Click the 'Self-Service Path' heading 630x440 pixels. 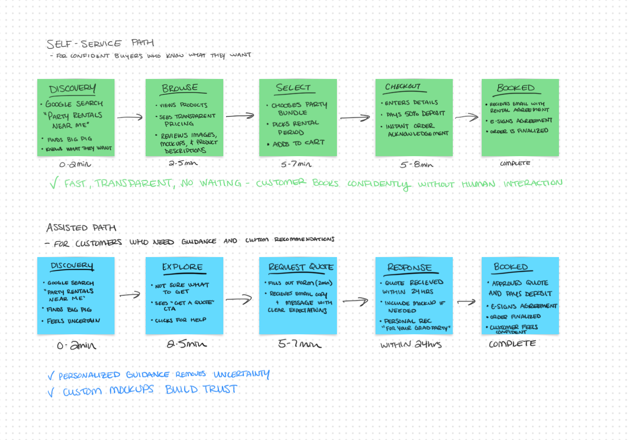(100, 43)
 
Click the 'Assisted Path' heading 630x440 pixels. (81, 227)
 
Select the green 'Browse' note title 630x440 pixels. (180, 88)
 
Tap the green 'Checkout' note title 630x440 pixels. (402, 86)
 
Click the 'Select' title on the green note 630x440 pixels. (293, 88)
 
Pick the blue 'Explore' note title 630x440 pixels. (182, 267)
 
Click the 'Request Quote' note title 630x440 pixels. (301, 267)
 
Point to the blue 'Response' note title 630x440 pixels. (409, 267)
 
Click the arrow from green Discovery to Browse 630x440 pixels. (130, 117)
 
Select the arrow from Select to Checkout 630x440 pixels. (355, 118)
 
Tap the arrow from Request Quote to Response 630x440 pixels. (355, 301)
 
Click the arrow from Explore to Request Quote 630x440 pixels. (239, 299)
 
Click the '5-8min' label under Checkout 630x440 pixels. (416, 165)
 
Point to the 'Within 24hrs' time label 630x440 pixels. (411, 344)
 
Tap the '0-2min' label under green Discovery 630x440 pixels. (75, 164)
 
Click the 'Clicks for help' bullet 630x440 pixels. (179, 320)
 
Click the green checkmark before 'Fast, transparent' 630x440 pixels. (54, 183)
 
